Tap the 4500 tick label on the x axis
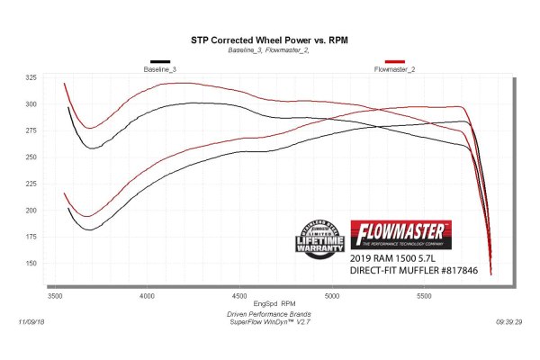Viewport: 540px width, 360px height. [239, 295]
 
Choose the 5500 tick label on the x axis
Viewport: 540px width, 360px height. [425, 295]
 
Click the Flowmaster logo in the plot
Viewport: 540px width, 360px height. [400, 233]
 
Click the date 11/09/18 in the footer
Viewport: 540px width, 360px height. [32, 319]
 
